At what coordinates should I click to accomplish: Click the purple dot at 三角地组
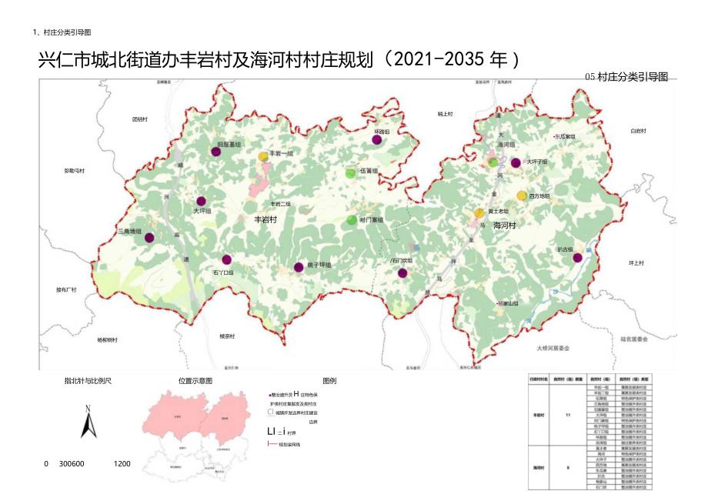(149, 238)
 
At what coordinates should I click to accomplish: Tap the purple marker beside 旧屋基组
(216, 152)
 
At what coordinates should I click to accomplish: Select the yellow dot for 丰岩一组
(263, 155)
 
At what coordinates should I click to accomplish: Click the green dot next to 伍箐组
(351, 172)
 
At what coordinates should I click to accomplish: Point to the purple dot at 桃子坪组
(299, 267)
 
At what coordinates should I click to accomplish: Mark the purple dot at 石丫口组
(226, 260)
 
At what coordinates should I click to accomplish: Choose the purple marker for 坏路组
(377, 139)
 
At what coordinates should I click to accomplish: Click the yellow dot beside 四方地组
(522, 196)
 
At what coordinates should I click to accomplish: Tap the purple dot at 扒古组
(577, 258)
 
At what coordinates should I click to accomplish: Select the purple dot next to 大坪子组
(516, 162)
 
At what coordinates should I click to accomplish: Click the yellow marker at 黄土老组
(479, 212)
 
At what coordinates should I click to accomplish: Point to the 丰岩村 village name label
(265, 219)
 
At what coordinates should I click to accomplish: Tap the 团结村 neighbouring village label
(139, 119)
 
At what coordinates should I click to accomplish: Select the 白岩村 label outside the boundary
(638, 131)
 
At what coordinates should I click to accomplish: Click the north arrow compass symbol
(88, 422)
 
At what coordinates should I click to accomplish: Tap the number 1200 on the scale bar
(122, 464)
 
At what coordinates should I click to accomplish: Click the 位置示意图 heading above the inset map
(195, 380)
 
